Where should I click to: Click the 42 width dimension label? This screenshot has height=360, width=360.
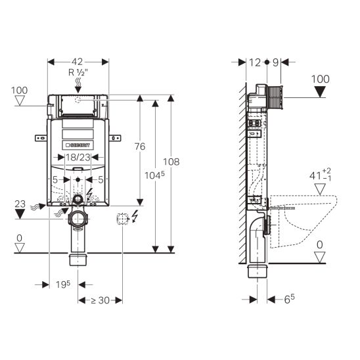click(x=77, y=62)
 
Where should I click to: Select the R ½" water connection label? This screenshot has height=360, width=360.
click(x=78, y=72)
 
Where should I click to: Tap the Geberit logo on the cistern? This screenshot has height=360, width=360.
click(x=78, y=145)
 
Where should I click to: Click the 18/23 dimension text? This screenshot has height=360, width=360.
click(x=78, y=157)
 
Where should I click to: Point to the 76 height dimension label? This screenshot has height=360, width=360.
click(x=140, y=146)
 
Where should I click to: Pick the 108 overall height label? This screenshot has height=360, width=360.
click(x=171, y=162)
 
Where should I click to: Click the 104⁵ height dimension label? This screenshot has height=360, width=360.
click(x=154, y=175)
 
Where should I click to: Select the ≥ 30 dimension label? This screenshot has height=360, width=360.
click(x=101, y=300)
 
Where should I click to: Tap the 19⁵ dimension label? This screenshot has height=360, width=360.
click(x=63, y=284)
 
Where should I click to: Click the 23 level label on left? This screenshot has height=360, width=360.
click(x=20, y=204)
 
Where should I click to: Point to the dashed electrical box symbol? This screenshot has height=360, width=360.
click(x=122, y=219)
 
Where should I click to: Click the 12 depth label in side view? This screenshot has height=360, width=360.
click(x=255, y=62)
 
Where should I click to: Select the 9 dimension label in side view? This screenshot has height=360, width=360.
click(x=275, y=62)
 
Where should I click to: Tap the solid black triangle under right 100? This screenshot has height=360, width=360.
click(x=320, y=92)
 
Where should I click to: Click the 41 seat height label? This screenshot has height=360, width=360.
click(x=320, y=175)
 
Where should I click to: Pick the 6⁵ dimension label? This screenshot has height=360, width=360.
click(x=289, y=299)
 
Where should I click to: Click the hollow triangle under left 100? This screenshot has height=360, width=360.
click(x=20, y=101)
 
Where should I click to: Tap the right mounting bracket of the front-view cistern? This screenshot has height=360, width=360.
click(x=115, y=138)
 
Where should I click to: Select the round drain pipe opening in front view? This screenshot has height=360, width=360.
click(x=78, y=218)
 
